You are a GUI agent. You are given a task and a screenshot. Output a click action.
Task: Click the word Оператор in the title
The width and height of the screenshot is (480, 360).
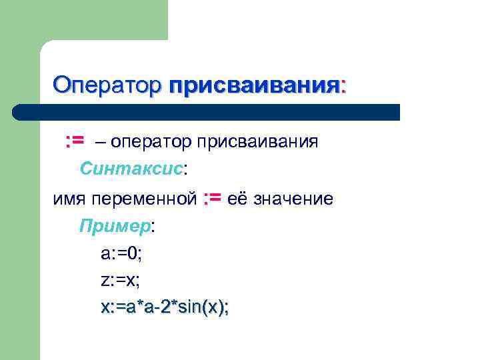pyautogui.click(x=107, y=85)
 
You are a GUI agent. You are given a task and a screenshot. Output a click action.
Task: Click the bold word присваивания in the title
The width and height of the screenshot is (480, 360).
pyautogui.click(x=253, y=86)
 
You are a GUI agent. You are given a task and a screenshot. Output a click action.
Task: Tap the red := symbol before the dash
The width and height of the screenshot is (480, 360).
pyautogui.click(x=74, y=141)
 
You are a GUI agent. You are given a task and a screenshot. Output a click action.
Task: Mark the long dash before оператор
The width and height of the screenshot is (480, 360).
pyautogui.click(x=101, y=142)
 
